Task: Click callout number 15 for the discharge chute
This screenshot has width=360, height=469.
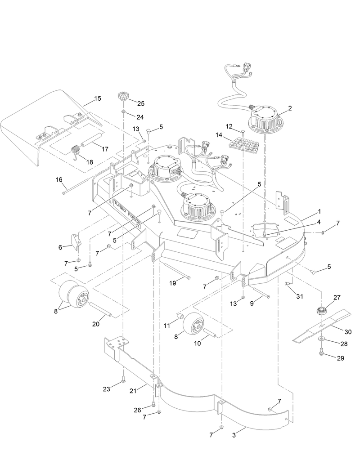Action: click(x=98, y=98)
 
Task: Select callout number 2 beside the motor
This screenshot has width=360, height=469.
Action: click(x=290, y=108)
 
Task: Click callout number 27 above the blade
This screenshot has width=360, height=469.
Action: click(x=337, y=297)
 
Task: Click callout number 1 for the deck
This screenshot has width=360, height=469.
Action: click(x=319, y=211)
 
